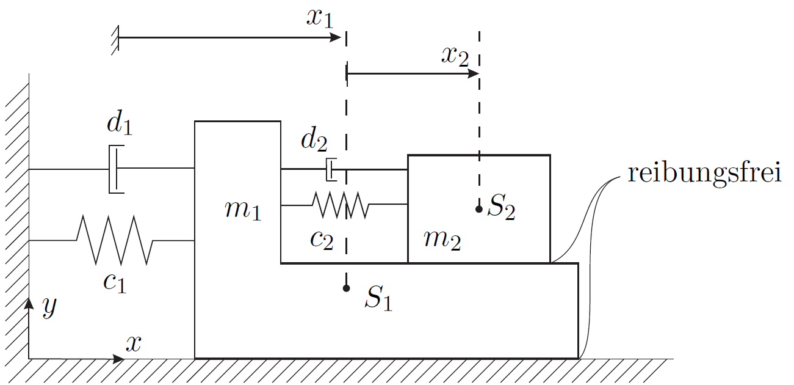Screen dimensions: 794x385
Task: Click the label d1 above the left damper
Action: click(x=120, y=122)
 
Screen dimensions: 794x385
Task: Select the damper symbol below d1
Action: click(x=117, y=169)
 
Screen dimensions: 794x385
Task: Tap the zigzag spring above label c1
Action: click(x=115, y=240)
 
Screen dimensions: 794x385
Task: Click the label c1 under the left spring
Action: click(x=115, y=283)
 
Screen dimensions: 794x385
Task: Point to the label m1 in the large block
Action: click(x=243, y=210)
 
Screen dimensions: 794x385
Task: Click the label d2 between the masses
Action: click(x=314, y=140)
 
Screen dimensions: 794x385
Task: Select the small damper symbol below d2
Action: click(x=331, y=170)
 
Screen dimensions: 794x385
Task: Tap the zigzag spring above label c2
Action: click(x=341, y=205)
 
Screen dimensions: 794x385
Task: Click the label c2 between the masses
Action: click(x=322, y=240)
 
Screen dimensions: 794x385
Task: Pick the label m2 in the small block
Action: click(x=442, y=240)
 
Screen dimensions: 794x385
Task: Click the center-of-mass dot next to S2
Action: click(x=479, y=209)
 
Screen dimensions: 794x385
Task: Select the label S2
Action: click(x=501, y=207)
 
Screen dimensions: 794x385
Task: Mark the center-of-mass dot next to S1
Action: click(x=346, y=288)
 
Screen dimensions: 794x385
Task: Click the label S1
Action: click(x=378, y=298)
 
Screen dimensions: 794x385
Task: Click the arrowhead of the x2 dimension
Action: click(x=474, y=73)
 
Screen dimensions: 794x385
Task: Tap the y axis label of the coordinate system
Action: click(x=49, y=307)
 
